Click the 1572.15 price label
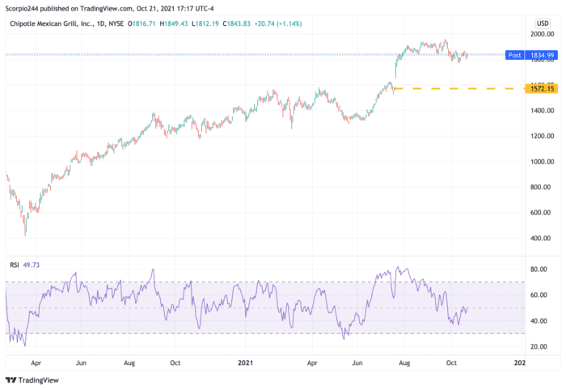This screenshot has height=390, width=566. pos(541,88)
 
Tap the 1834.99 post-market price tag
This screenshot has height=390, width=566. pos(541,55)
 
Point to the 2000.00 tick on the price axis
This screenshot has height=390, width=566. pos(541,34)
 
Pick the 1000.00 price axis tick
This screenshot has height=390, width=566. pos(541,162)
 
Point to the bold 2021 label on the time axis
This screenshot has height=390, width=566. pos(246,364)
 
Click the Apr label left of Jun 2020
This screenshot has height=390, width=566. pos(36,364)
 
